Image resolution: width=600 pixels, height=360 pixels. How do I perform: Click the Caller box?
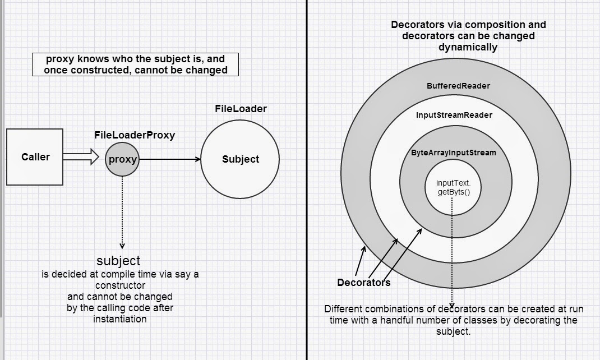coord(35,157)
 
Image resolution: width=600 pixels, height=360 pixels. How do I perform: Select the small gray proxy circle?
coord(122,159)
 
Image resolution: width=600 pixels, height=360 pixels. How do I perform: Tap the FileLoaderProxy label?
coord(135,135)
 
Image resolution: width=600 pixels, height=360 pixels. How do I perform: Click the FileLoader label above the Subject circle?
coord(241,108)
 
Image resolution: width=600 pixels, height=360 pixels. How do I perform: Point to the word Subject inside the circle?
coord(241,159)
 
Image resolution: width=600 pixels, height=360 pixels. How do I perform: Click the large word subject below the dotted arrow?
coord(118,260)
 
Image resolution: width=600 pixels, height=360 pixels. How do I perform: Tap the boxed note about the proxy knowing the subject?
coord(135,64)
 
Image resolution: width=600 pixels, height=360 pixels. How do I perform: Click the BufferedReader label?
coord(458,86)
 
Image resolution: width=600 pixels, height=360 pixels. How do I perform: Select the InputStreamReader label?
coord(454,115)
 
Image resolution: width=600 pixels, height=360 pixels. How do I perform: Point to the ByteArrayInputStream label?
coord(454,153)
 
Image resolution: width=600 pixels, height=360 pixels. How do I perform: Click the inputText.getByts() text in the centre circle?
coord(453,188)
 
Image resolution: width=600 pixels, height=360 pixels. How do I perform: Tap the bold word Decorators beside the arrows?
coord(363,282)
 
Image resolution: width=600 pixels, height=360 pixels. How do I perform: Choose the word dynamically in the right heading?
coord(468,47)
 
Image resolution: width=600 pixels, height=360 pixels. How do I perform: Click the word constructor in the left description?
coord(120,285)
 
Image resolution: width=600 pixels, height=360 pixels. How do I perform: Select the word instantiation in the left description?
coord(120,319)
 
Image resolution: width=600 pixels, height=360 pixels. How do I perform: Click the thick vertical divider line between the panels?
coord(307,179)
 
